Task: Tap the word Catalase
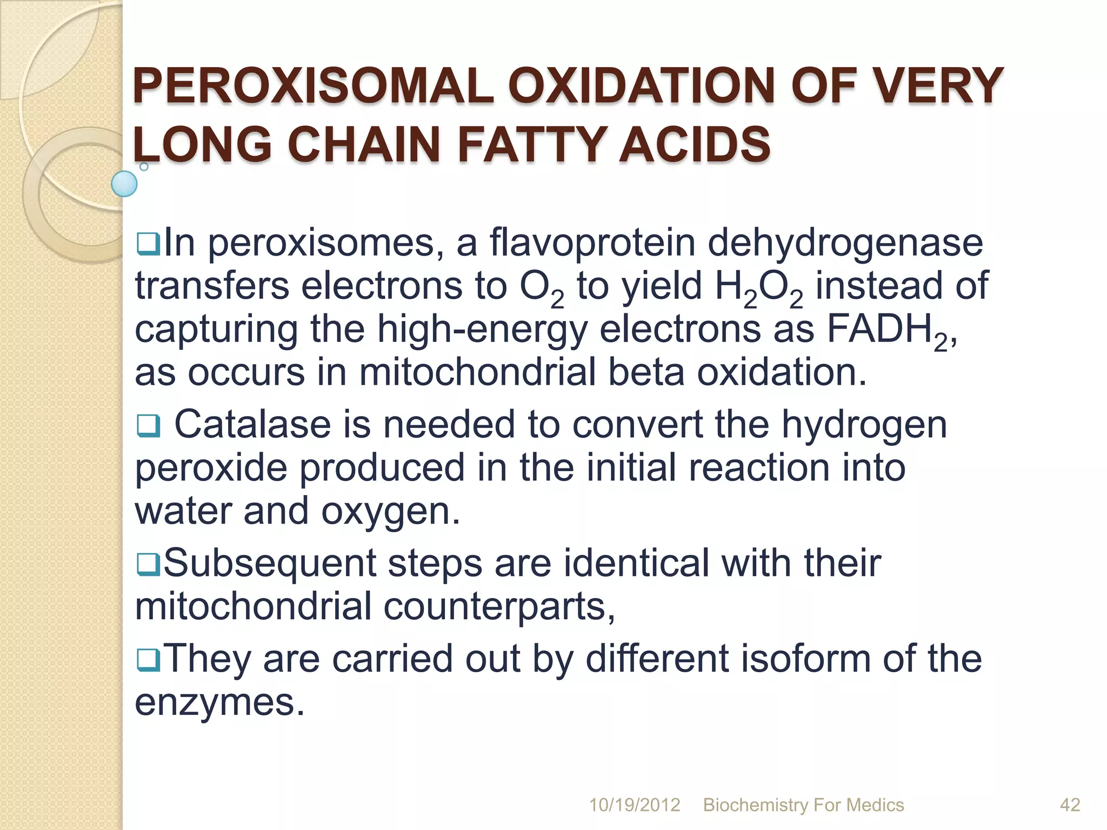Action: [x=252, y=424]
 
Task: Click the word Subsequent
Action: [x=269, y=564]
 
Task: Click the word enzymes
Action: [x=219, y=703]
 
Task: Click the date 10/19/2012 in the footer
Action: [x=634, y=805]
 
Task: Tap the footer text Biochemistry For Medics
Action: [x=803, y=805]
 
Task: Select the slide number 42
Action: [x=1070, y=805]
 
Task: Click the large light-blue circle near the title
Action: [x=124, y=184]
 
